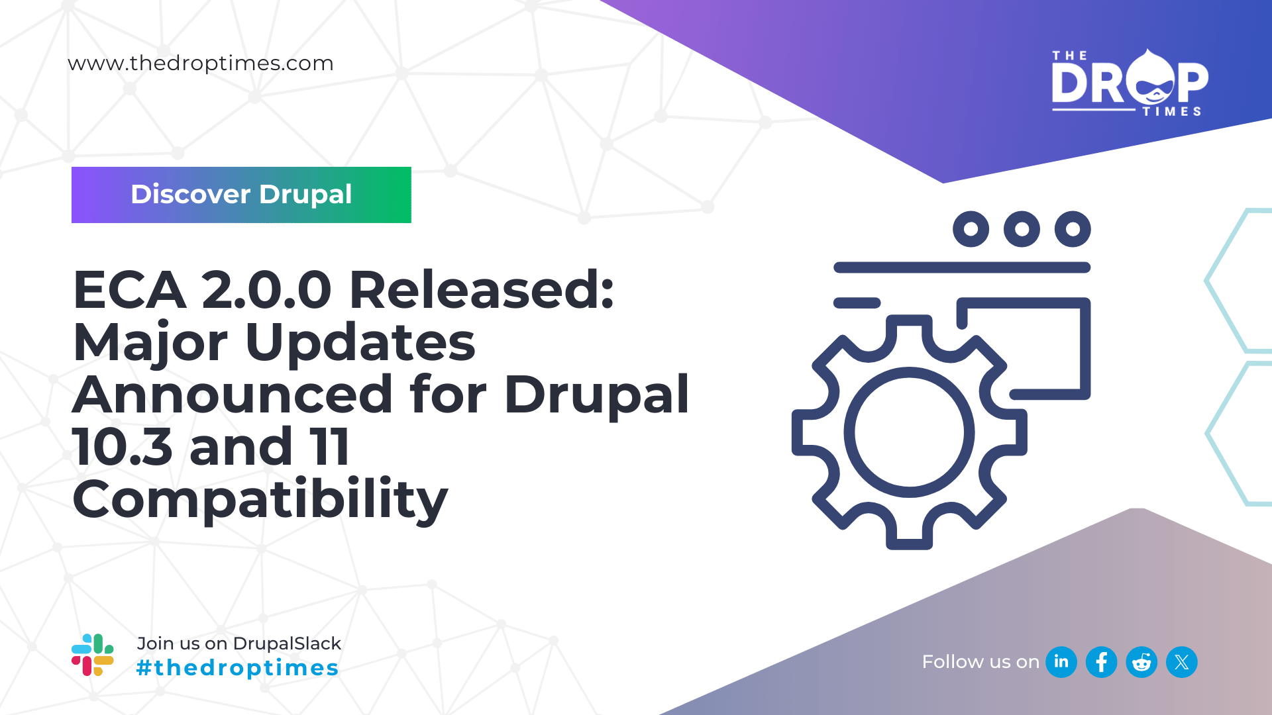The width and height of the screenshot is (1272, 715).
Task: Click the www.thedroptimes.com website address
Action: click(201, 64)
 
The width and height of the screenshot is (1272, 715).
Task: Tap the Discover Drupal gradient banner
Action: click(241, 195)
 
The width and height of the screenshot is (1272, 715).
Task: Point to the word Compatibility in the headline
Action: click(260, 500)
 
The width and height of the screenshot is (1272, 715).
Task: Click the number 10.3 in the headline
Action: click(123, 448)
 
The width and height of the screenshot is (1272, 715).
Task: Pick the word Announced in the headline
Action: click(233, 395)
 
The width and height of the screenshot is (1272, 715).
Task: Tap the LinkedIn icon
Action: click(1061, 662)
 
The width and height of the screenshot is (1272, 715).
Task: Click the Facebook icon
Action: click(1102, 662)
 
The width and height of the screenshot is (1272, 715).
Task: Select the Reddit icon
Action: click(1141, 662)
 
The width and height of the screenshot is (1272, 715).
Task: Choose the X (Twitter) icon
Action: click(1182, 662)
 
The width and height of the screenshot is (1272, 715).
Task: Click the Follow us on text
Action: click(980, 662)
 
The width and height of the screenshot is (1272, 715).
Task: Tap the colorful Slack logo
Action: click(93, 655)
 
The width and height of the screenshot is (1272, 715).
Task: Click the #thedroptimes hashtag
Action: click(237, 668)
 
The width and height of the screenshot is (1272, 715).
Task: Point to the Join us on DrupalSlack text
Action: click(238, 643)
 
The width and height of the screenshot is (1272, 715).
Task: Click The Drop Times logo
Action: click(1130, 83)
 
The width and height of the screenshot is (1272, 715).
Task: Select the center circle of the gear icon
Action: click(909, 432)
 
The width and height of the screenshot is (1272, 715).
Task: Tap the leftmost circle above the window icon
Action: click(971, 229)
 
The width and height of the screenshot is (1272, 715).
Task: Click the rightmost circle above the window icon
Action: click(1073, 229)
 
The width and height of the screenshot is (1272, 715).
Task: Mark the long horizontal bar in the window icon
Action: click(962, 267)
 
